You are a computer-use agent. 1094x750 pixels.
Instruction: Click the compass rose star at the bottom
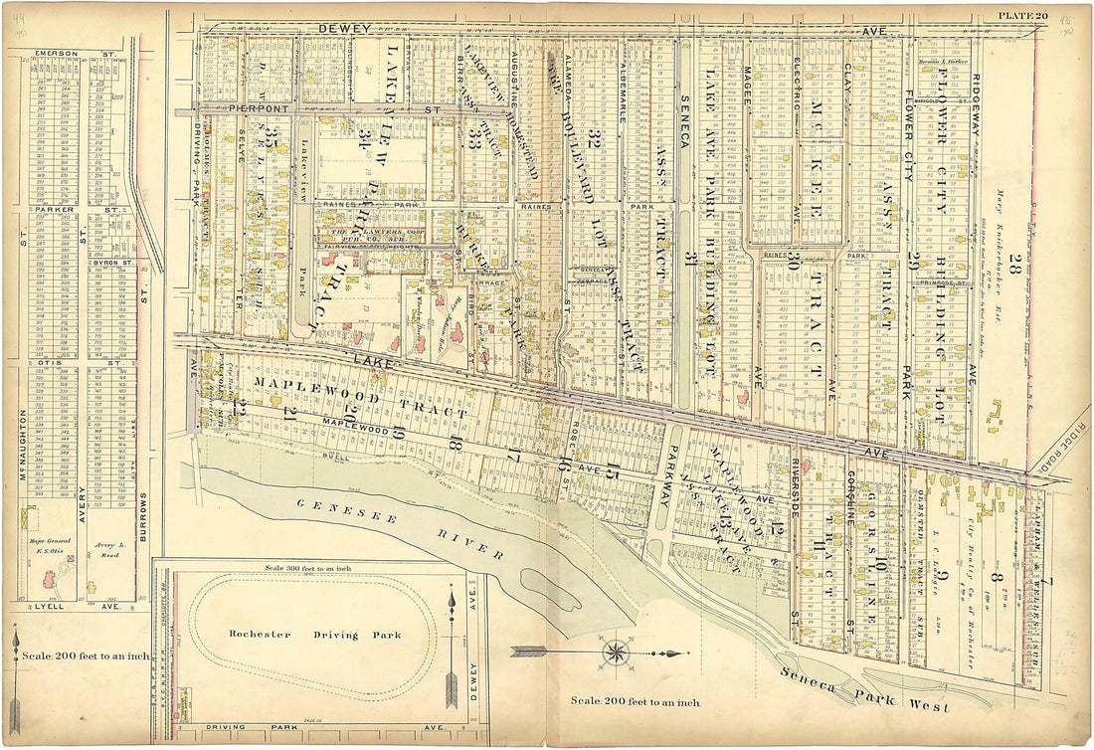pyautogui.click(x=616, y=654)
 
